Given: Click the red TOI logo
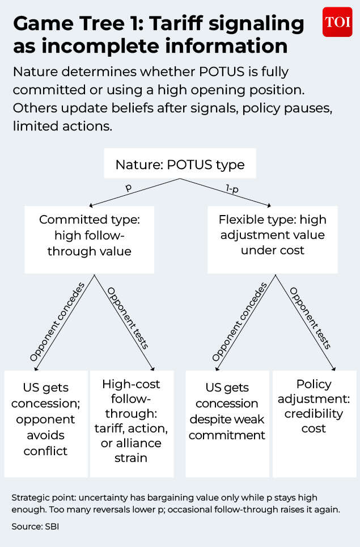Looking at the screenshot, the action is [337, 22].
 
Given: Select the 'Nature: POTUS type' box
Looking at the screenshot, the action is [180, 163].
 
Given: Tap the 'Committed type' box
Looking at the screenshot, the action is [89, 239].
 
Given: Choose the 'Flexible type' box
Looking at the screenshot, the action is [273, 239].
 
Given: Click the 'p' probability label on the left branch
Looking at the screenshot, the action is [129, 187].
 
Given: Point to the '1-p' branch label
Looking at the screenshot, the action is [232, 189].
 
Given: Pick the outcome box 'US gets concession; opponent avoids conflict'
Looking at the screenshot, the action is [46, 423].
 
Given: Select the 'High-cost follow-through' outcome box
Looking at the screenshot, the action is [132, 423].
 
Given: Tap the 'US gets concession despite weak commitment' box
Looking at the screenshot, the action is [227, 423].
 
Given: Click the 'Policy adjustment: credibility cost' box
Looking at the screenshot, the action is [314, 423].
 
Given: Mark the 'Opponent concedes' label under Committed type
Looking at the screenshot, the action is [57, 322].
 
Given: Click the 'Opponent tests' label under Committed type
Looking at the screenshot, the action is [128, 318].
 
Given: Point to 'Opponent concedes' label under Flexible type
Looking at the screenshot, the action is [239, 322].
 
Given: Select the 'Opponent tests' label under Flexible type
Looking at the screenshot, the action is [310, 318].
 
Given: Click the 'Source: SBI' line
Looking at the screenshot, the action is [35, 526].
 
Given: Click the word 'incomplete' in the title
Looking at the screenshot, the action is [100, 46].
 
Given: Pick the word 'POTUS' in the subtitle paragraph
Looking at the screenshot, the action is [222, 71].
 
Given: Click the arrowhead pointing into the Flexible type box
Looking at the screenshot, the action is [269, 205].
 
